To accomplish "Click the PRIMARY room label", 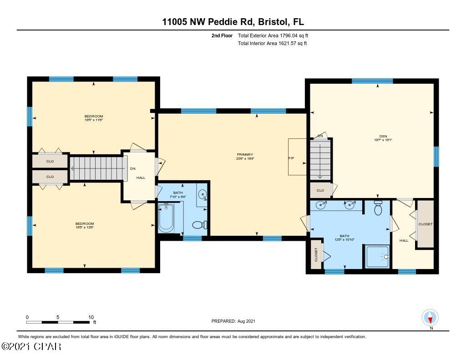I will pyautogui.click(x=245, y=155).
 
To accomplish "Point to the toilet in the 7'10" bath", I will pyautogui.click(x=199, y=224).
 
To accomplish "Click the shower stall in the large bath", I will pyautogui.click(x=377, y=257).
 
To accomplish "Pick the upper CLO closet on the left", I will pyautogui.click(x=50, y=161).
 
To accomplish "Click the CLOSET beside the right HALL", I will pyautogui.click(x=425, y=224).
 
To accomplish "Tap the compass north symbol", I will pyautogui.click(x=430, y=317).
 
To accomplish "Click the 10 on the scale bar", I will pyautogui.click(x=91, y=317).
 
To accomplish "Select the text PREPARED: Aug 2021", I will pyautogui.click(x=233, y=321).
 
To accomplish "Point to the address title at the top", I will pyautogui.click(x=233, y=21).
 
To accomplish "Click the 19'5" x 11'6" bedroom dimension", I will pyautogui.click(x=94, y=120).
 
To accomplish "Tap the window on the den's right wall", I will pyautogui.click(x=436, y=156).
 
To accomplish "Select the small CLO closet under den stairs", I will pyautogui.click(x=320, y=190).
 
